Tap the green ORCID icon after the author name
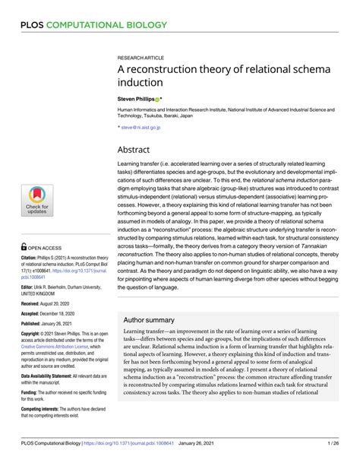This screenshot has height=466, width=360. tap(156, 100)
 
